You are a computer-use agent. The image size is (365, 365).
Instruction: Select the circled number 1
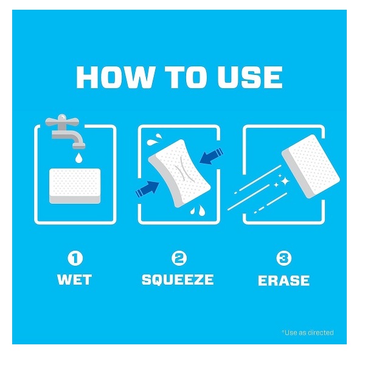tap(75, 258)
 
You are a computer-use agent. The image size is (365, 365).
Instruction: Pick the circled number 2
tap(179, 258)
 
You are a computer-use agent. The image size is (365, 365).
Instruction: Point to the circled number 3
tap(283, 258)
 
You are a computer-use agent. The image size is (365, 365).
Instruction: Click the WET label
tap(74, 280)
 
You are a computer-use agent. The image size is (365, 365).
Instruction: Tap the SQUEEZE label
tap(178, 280)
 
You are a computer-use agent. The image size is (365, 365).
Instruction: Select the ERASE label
tap(283, 280)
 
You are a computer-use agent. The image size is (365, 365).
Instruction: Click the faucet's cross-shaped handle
tap(62, 120)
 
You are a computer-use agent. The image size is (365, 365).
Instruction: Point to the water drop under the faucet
tap(78, 158)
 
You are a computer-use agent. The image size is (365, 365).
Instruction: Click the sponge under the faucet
tap(75, 186)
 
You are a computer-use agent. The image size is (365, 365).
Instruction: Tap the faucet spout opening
tap(78, 147)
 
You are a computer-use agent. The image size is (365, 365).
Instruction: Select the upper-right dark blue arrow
tap(211, 156)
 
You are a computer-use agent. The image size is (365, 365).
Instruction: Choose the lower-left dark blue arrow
tap(148, 189)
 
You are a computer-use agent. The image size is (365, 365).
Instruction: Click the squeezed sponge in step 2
tap(179, 173)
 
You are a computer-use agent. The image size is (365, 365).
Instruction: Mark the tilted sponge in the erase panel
tap(310, 166)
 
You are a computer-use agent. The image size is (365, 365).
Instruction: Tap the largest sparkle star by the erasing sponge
tap(285, 181)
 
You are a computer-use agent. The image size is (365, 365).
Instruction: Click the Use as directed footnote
tap(307, 332)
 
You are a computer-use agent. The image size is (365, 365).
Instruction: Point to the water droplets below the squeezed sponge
tap(198, 210)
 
